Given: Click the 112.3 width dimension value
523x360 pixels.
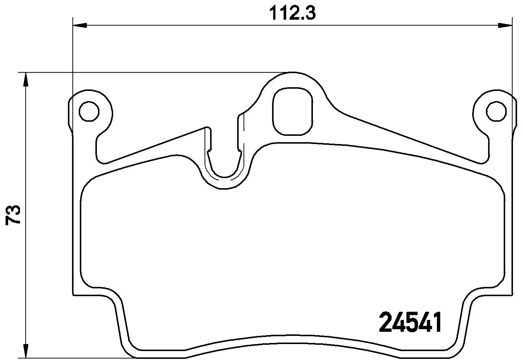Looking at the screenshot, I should coord(292,13).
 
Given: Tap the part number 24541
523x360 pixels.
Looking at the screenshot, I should coord(410,322).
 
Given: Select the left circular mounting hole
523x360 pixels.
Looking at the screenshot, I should coord(89,111).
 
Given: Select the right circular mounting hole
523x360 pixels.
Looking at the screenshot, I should coord(497,111).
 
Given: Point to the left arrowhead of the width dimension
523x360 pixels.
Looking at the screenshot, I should coord(79,25).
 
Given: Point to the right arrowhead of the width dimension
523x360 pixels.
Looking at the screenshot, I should coord(505,25).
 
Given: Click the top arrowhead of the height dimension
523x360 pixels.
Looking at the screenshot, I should coord(25,79).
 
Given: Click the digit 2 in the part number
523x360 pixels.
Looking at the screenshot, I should coord(386,322).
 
